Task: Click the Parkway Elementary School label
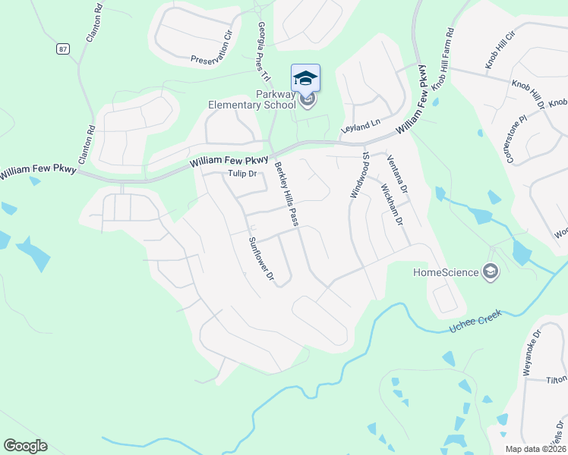click(x=253, y=99)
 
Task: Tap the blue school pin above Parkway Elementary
click(x=305, y=79)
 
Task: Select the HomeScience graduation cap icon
click(x=491, y=272)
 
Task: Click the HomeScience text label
click(x=445, y=272)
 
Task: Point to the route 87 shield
click(x=61, y=49)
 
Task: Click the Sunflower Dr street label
click(x=260, y=259)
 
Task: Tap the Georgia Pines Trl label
click(x=263, y=51)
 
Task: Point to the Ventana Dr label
click(x=397, y=173)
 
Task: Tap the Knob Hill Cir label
click(x=500, y=52)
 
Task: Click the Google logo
click(x=25, y=446)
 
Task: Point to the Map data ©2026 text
click(x=535, y=448)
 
